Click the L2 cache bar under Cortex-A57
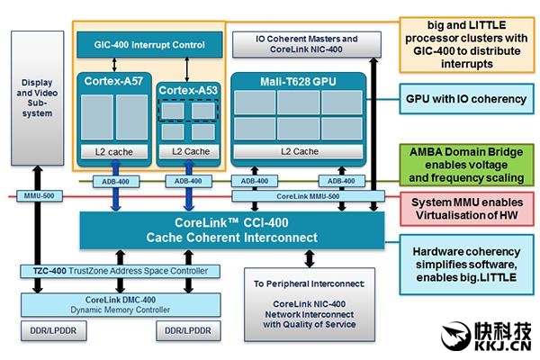(113, 150)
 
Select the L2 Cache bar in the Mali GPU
(299, 150)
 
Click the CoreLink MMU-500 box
(308, 195)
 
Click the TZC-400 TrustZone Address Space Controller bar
(124, 272)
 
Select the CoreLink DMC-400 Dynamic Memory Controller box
(122, 303)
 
